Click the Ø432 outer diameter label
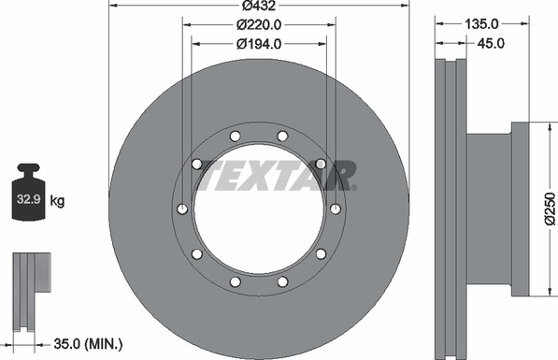click(x=259, y=6)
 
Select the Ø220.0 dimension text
click(x=259, y=24)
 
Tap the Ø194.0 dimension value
click(x=259, y=44)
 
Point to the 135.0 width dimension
click(x=481, y=24)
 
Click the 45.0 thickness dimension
click(x=491, y=43)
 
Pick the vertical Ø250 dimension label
click(x=551, y=209)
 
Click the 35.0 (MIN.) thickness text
click(x=88, y=344)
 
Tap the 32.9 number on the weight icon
click(x=28, y=199)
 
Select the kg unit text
click(x=57, y=201)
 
